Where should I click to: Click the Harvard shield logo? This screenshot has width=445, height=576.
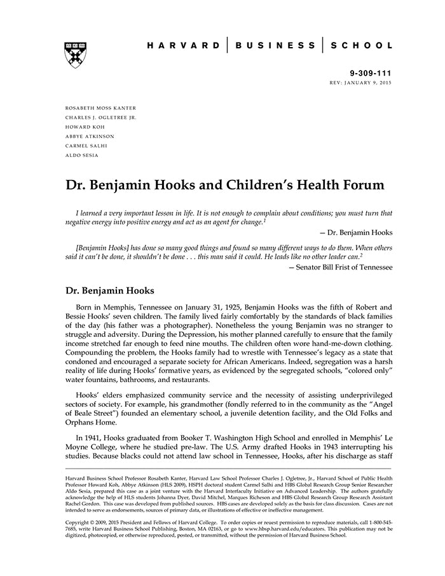75,55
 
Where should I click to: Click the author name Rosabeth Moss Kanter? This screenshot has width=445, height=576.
100,108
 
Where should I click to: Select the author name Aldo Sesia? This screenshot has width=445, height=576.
82,155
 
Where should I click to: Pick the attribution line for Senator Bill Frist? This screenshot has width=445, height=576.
344,267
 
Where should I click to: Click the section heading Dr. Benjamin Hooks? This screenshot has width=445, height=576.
110,291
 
